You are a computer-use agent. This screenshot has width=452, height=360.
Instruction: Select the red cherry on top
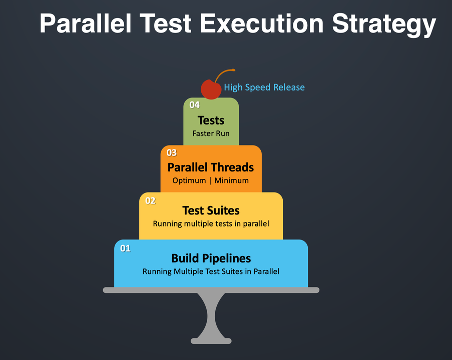[211, 89]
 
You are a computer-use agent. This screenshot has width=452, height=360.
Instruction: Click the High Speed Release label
[264, 87]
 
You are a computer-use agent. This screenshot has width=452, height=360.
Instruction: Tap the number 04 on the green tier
[194, 105]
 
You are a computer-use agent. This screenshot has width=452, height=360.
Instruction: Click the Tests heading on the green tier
[211, 120]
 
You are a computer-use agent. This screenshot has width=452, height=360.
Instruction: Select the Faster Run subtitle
[211, 133]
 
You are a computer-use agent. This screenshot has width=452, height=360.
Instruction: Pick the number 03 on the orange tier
[172, 153]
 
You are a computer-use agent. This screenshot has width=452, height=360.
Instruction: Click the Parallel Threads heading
[211, 167]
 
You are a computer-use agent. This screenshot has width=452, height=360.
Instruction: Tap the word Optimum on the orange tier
[189, 180]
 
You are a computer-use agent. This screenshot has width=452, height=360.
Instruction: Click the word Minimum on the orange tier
[231, 180]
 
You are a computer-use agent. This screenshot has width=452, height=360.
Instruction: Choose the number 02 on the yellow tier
[150, 200]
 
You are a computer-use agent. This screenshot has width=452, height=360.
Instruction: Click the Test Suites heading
[211, 210]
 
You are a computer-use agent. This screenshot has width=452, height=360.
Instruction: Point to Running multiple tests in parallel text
[211, 223]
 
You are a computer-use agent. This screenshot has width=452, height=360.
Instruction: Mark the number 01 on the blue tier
[125, 248]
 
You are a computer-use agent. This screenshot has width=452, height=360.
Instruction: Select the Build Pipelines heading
[211, 258]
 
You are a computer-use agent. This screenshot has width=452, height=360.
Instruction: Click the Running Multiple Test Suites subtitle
[211, 271]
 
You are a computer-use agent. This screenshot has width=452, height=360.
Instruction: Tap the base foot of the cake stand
[211, 340]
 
